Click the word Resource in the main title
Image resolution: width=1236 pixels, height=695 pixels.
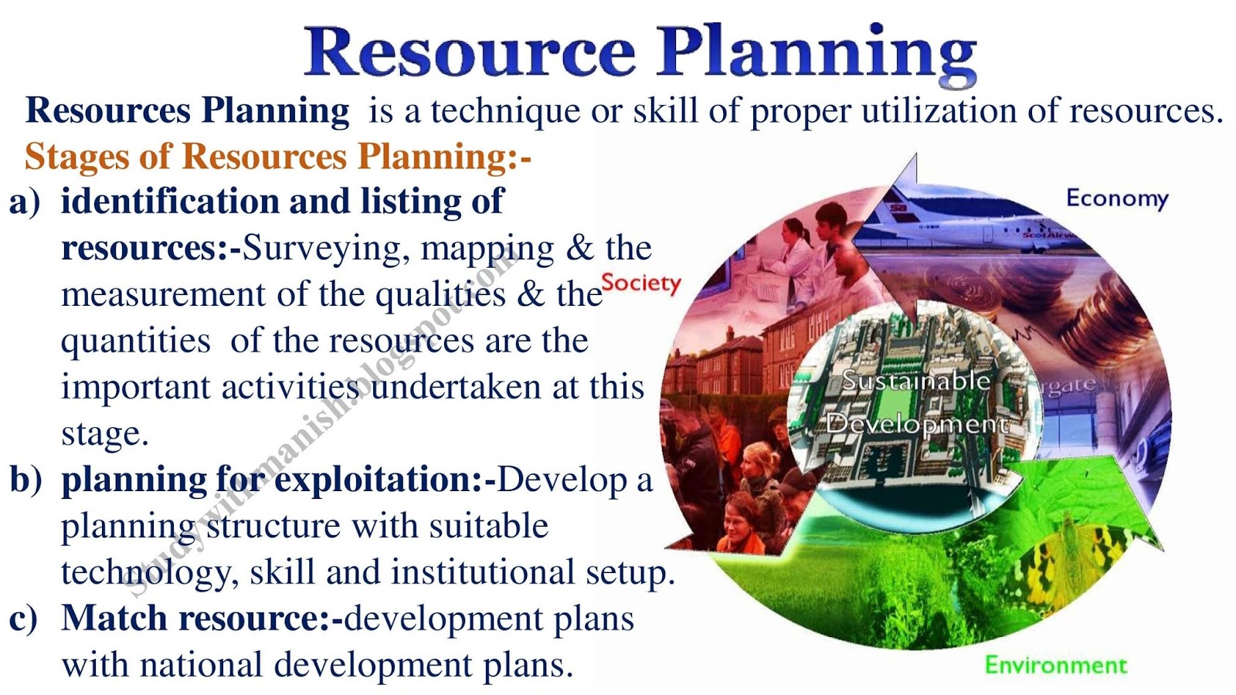(x=470, y=52)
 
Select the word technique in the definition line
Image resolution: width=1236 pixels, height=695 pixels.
(x=505, y=111)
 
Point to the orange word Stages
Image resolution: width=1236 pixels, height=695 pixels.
(x=77, y=158)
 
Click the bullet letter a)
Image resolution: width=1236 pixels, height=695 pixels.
(x=25, y=202)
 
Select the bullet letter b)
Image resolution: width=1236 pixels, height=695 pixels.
(x=25, y=479)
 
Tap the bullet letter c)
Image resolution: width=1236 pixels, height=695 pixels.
(x=23, y=619)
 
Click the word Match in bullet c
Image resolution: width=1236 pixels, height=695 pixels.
(x=114, y=618)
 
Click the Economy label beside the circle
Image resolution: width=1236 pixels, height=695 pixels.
(x=1117, y=198)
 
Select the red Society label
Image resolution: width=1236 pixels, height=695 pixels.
(x=641, y=283)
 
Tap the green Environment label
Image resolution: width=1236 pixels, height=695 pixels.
(x=1056, y=665)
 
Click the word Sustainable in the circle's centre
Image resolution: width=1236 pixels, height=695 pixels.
(x=916, y=381)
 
